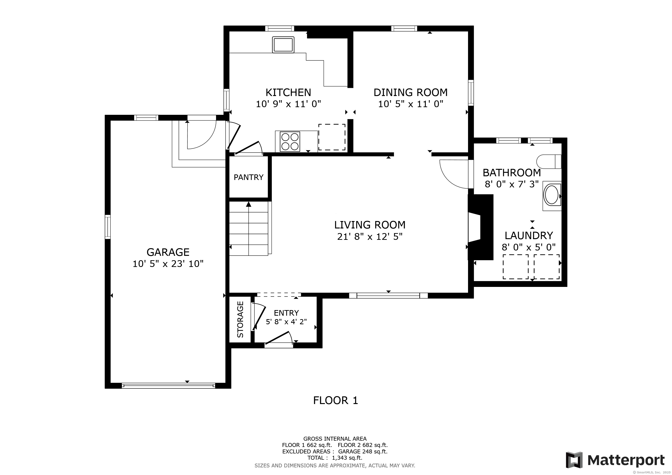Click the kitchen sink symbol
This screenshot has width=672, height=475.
[283, 45]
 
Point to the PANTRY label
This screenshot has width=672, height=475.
[249, 177]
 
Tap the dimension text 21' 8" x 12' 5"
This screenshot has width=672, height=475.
[370, 237]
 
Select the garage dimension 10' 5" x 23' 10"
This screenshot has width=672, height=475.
[168, 264]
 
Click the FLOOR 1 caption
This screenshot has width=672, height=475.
[335, 400]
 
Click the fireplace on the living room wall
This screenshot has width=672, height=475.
[480, 227]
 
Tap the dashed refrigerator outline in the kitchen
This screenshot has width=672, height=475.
[332, 137]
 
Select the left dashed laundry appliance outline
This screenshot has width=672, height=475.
[515, 266]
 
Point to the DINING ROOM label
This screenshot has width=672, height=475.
[410, 93]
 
